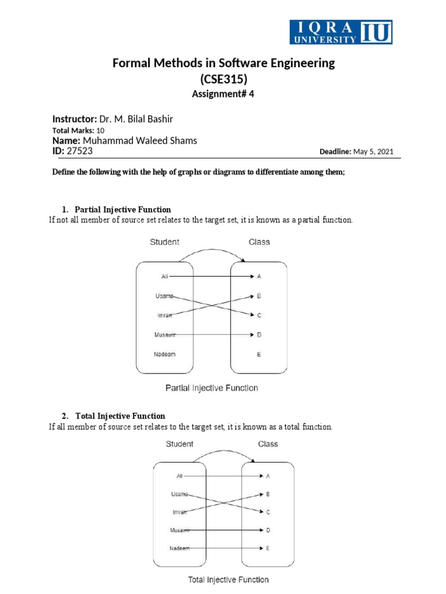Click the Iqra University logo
coord(341,32)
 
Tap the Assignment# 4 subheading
coord(224,96)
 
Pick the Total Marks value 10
coord(100,131)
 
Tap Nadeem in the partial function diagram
coord(165,354)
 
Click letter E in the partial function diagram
coord(259,354)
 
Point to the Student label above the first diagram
coord(165,242)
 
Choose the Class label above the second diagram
coord(268,444)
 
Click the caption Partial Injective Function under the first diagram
coord(212,387)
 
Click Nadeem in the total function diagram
coord(179,548)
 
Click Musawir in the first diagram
coord(165,335)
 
